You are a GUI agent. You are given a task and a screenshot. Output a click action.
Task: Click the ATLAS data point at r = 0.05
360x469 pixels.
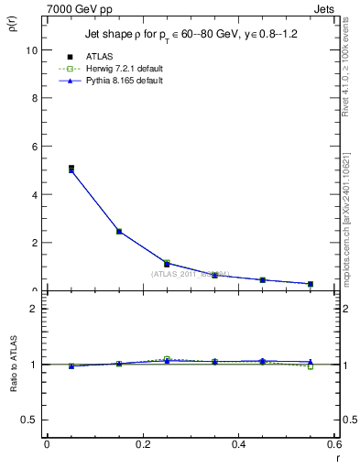click(x=71, y=168)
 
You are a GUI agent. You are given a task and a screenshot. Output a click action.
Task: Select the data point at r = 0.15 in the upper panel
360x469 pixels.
click(x=119, y=232)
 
